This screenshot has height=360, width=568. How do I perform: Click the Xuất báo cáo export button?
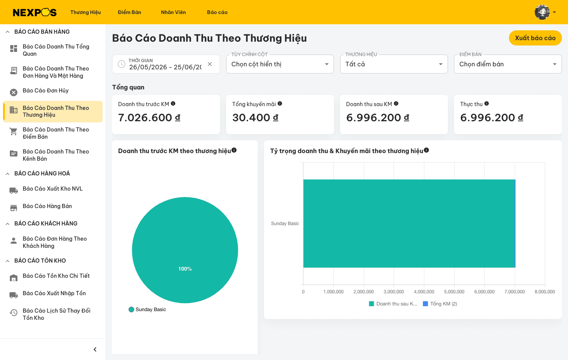[x=535, y=38]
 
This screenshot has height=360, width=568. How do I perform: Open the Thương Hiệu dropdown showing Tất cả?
[x=394, y=64]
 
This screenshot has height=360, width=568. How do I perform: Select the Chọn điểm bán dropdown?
[x=508, y=64]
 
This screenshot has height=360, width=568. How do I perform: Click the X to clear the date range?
[x=210, y=64]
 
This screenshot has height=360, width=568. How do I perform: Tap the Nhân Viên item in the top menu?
[x=173, y=12]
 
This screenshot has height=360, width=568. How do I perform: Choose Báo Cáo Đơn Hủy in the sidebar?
[x=46, y=91]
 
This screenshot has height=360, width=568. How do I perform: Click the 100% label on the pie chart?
[x=185, y=269]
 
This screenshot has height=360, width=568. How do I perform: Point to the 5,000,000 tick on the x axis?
[x=454, y=292]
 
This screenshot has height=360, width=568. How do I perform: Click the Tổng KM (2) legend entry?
[x=440, y=304]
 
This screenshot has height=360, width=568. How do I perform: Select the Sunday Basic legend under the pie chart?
[x=147, y=310]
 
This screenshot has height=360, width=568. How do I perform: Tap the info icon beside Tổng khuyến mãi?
[x=280, y=103]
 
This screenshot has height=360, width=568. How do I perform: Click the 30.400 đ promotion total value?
[x=255, y=117]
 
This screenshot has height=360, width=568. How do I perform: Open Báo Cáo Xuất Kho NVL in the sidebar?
[x=53, y=189]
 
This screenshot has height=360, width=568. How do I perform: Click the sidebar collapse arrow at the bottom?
[x=95, y=349]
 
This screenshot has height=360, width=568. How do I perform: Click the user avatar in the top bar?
[x=542, y=12]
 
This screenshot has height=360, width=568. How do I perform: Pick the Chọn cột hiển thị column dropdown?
[x=280, y=64]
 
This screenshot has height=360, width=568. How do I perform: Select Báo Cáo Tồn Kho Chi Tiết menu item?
[x=56, y=276]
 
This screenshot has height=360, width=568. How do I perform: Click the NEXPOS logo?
[x=35, y=12]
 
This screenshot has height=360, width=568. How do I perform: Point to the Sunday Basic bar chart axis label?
[x=285, y=224]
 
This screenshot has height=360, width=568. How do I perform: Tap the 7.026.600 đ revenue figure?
[x=149, y=117]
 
